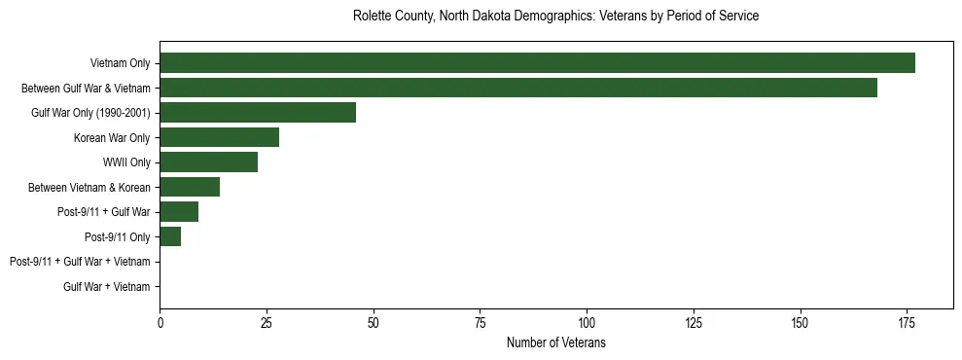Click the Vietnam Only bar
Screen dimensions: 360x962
click(x=537, y=63)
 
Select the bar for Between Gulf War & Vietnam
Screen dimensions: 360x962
click(x=518, y=88)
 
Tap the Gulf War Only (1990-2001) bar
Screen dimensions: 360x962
click(x=258, y=113)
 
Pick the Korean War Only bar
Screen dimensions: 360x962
click(x=219, y=137)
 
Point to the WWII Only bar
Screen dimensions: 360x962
click(x=208, y=162)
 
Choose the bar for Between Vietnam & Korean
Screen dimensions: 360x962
click(x=190, y=187)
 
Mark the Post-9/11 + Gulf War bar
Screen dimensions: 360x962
click(x=179, y=212)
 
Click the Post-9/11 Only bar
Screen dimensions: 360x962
click(x=170, y=236)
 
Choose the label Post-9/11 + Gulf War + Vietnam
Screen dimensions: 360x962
click(x=80, y=262)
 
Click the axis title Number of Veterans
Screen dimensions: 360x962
click(x=556, y=342)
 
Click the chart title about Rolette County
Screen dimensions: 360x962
click(x=556, y=17)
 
